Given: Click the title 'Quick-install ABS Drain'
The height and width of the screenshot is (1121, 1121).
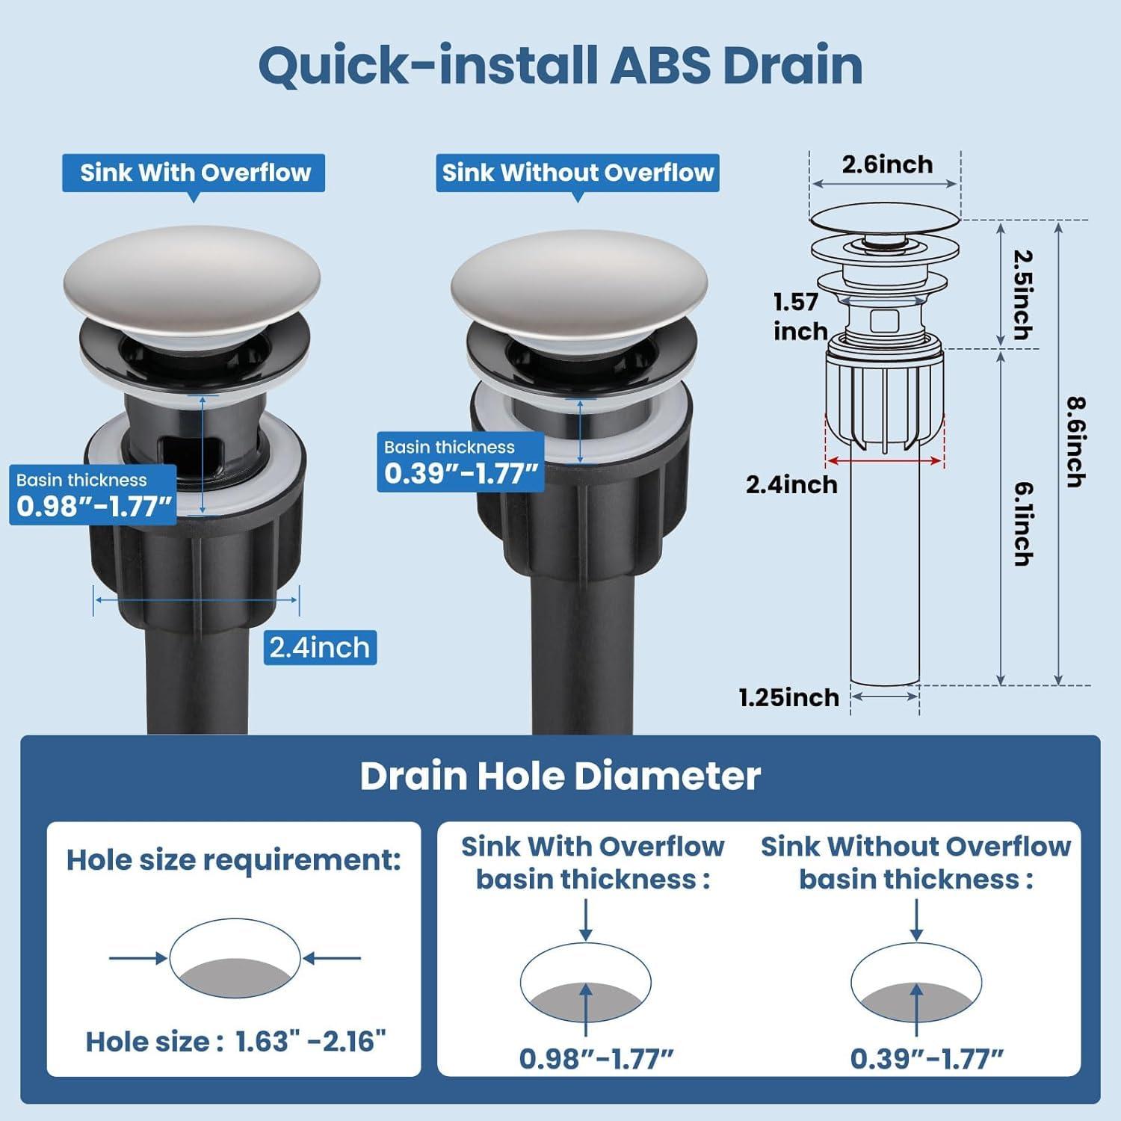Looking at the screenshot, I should click(560, 66).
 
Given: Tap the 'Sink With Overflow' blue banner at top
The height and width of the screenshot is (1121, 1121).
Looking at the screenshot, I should click(194, 173).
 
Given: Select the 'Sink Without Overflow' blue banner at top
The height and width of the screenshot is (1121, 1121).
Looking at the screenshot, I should click(577, 173).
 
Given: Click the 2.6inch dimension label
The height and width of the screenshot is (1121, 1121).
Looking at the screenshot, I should click(887, 164).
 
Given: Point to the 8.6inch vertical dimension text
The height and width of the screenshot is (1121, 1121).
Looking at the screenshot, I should click(1075, 442).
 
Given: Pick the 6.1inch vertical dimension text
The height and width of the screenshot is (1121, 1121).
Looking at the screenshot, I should click(1023, 523).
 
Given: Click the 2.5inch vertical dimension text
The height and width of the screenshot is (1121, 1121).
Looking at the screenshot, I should click(1022, 294).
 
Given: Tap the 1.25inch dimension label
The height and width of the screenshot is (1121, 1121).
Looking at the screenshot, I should click(788, 697).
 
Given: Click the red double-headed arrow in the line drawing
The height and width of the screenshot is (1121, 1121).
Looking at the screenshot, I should click(885, 461).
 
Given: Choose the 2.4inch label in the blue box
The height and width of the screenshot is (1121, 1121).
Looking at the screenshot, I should click(320, 647).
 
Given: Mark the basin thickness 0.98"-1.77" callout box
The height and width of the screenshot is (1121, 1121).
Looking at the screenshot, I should click(93, 495).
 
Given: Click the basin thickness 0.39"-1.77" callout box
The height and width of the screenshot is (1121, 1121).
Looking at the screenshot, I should click(460, 463).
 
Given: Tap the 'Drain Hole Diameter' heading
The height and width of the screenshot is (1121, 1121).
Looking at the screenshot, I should click(560, 776).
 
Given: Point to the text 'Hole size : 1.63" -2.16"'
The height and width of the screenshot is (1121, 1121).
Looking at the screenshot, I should click(235, 1041).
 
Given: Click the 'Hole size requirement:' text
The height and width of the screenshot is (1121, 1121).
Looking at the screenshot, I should click(234, 860).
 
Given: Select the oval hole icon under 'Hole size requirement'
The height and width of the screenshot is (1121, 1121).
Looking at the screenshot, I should click(235, 957).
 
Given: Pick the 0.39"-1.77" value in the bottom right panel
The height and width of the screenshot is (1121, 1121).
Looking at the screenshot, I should click(927, 1058).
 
